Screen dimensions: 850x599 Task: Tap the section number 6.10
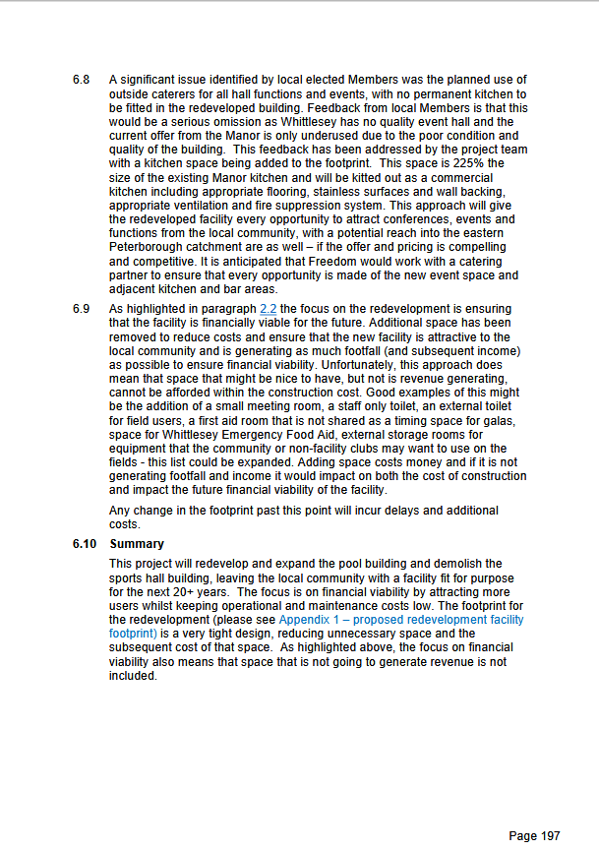pos(84,544)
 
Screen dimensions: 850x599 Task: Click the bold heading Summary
pos(137,544)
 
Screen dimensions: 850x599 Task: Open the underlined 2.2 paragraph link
pos(268,310)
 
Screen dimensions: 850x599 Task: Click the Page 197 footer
pos(534,836)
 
